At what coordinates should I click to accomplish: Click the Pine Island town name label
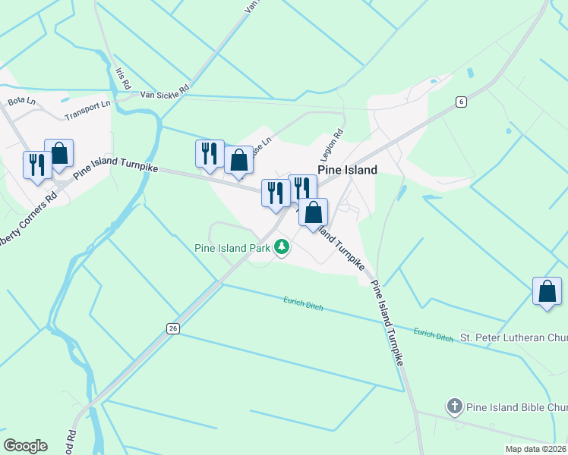point(346,170)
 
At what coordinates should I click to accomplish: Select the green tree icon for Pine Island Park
point(282,246)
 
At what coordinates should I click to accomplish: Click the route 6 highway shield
point(460,102)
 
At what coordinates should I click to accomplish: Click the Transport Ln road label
point(87,109)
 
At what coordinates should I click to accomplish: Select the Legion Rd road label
point(337,142)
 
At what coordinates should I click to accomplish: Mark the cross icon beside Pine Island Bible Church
point(455,406)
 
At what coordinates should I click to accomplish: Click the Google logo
point(25,445)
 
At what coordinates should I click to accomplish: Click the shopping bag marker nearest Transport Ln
point(58,154)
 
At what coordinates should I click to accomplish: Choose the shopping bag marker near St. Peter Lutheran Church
point(547,292)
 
